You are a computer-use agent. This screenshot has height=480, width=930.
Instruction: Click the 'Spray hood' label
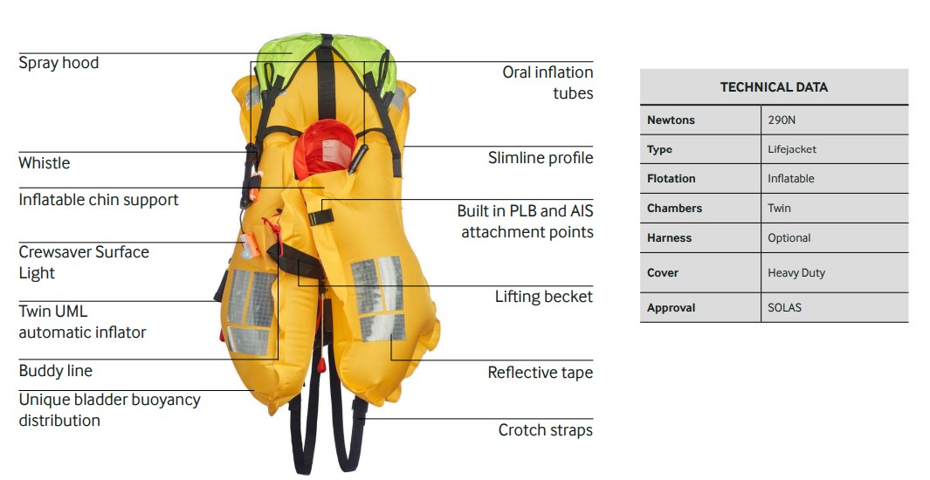[59, 63]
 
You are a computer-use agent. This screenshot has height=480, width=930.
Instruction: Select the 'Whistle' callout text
[44, 163]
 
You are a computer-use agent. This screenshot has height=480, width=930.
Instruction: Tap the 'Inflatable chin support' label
[98, 200]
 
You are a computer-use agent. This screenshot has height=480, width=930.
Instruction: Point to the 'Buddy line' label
[55, 371]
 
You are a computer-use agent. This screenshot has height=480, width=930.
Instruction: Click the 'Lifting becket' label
[543, 297]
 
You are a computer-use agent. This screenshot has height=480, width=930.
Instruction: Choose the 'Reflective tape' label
[540, 373]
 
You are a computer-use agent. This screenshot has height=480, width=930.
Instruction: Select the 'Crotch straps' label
[545, 430]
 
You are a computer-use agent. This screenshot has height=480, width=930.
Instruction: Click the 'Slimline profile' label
[540, 158]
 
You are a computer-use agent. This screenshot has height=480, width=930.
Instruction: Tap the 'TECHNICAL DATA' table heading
[774, 87]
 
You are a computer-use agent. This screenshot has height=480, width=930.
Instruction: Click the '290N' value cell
[782, 120]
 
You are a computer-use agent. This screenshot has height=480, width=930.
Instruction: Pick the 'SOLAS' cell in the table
[784, 308]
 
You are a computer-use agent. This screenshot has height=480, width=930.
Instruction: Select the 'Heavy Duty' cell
[796, 273]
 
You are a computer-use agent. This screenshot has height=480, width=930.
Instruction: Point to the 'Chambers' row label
[674, 209]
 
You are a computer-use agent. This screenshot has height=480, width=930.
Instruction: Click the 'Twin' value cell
[779, 209]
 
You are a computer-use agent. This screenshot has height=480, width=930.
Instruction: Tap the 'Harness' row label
[669, 238]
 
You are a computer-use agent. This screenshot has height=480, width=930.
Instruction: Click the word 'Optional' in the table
[789, 238]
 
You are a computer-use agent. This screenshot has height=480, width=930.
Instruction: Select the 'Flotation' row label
[671, 179]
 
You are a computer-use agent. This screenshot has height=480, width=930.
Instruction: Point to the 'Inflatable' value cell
[790, 179]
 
